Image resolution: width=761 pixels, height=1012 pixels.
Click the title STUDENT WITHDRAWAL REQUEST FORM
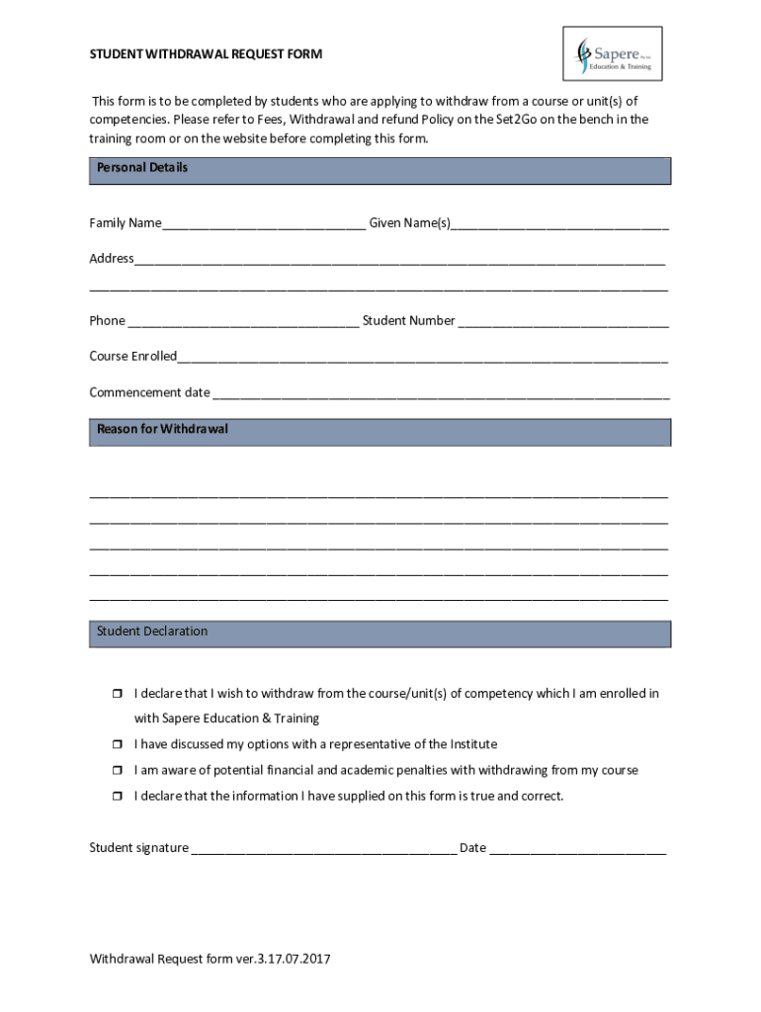(206, 53)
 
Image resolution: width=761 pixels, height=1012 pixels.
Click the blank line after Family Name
(264, 224)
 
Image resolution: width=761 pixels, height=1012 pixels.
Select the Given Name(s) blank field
(559, 224)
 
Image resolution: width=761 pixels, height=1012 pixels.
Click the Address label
(112, 259)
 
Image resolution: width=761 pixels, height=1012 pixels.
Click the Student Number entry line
(563, 321)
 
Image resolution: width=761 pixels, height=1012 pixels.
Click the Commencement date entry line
(441, 393)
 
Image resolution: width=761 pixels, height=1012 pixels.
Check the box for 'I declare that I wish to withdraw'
(115, 694)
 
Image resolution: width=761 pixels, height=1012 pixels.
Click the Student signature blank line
(323, 849)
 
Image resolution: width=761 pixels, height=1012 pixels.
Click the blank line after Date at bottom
(577, 849)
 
